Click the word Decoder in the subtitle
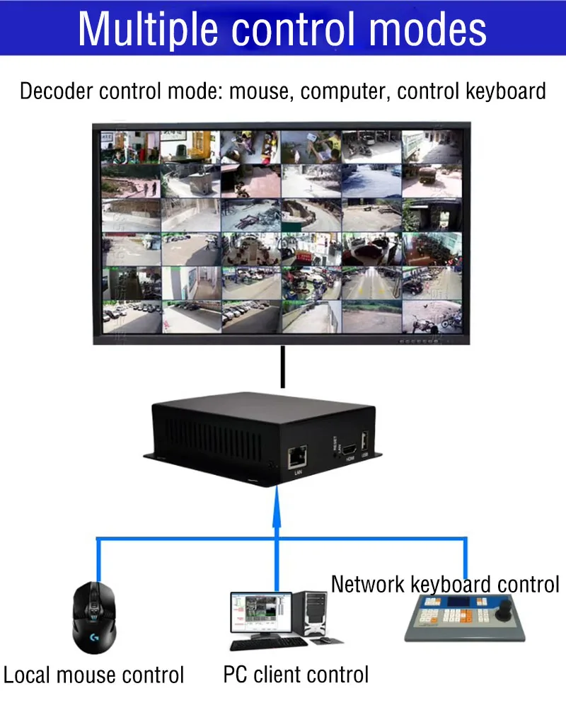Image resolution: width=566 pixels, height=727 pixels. (x=57, y=91)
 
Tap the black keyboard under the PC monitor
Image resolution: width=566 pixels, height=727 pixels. (x=268, y=643)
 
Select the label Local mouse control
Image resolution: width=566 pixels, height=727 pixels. (x=93, y=675)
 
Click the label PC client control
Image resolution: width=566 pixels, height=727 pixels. (x=296, y=675)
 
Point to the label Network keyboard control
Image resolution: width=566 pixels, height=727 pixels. (x=445, y=584)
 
